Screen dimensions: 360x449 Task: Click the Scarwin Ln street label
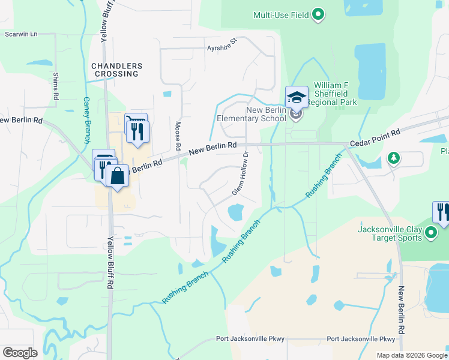pyautogui.click(x=21, y=34)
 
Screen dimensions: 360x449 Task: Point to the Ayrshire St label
pyautogui.click(x=222, y=46)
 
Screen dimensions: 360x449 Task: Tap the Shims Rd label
pyautogui.click(x=56, y=86)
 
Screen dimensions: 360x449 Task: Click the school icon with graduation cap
pyautogui.click(x=297, y=97)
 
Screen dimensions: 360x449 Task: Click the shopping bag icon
pyautogui.click(x=118, y=176)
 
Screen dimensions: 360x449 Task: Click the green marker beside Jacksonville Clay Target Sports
pyautogui.click(x=431, y=233)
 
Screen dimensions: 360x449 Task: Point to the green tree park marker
pyautogui.click(x=393, y=158)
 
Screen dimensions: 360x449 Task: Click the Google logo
pyautogui.click(x=20, y=353)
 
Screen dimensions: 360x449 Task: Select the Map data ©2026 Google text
pyautogui.click(x=411, y=355)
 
